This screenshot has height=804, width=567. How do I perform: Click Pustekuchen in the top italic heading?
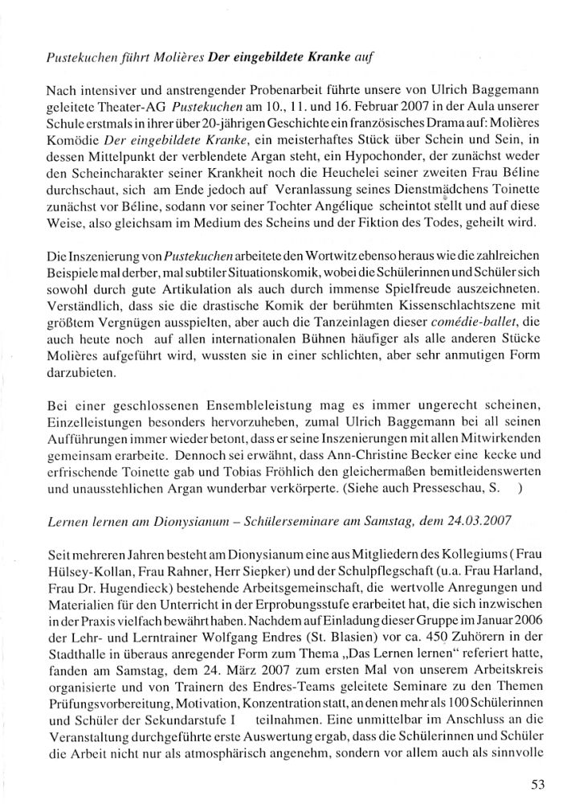pos(79,57)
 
